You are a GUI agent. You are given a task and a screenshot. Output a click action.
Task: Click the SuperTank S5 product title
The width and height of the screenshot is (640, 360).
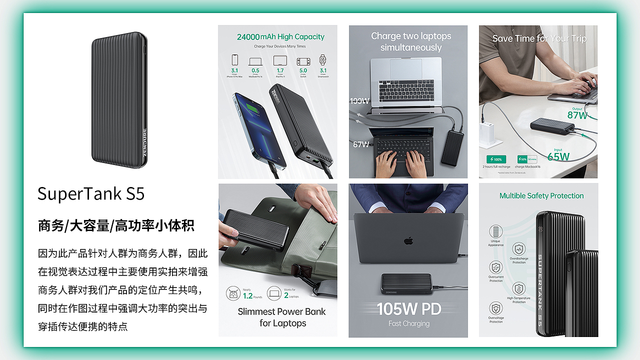91,193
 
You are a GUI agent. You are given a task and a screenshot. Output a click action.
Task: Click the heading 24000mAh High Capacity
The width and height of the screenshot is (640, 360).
280,36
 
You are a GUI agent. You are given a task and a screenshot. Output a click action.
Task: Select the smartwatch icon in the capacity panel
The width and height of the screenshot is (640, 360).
323,60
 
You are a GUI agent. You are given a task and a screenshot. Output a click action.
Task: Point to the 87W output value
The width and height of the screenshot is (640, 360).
577,115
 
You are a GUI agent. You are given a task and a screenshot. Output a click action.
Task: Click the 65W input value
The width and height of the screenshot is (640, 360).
558,156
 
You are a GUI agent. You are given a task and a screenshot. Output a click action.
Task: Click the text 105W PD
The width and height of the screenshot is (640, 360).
408,309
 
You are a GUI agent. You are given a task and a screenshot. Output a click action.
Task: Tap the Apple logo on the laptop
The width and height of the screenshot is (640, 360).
408,240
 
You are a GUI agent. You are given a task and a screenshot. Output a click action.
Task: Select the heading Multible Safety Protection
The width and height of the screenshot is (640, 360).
541,196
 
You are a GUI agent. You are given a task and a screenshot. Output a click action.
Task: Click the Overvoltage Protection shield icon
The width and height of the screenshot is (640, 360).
496,307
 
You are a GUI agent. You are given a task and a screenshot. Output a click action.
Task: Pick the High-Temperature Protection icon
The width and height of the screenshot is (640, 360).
518,288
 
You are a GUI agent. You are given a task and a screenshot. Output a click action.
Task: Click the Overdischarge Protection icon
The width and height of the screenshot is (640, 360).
518,248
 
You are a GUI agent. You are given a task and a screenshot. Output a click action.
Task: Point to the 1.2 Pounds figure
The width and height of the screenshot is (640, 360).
247,295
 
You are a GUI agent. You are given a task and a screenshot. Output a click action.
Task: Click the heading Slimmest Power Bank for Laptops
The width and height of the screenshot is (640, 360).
281,317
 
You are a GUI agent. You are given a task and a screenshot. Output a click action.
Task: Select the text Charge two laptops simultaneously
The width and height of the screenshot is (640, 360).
411,42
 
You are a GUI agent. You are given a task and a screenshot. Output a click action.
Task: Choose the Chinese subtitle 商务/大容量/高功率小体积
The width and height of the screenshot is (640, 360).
116,226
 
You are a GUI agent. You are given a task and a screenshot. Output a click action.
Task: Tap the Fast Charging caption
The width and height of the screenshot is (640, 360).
408,323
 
